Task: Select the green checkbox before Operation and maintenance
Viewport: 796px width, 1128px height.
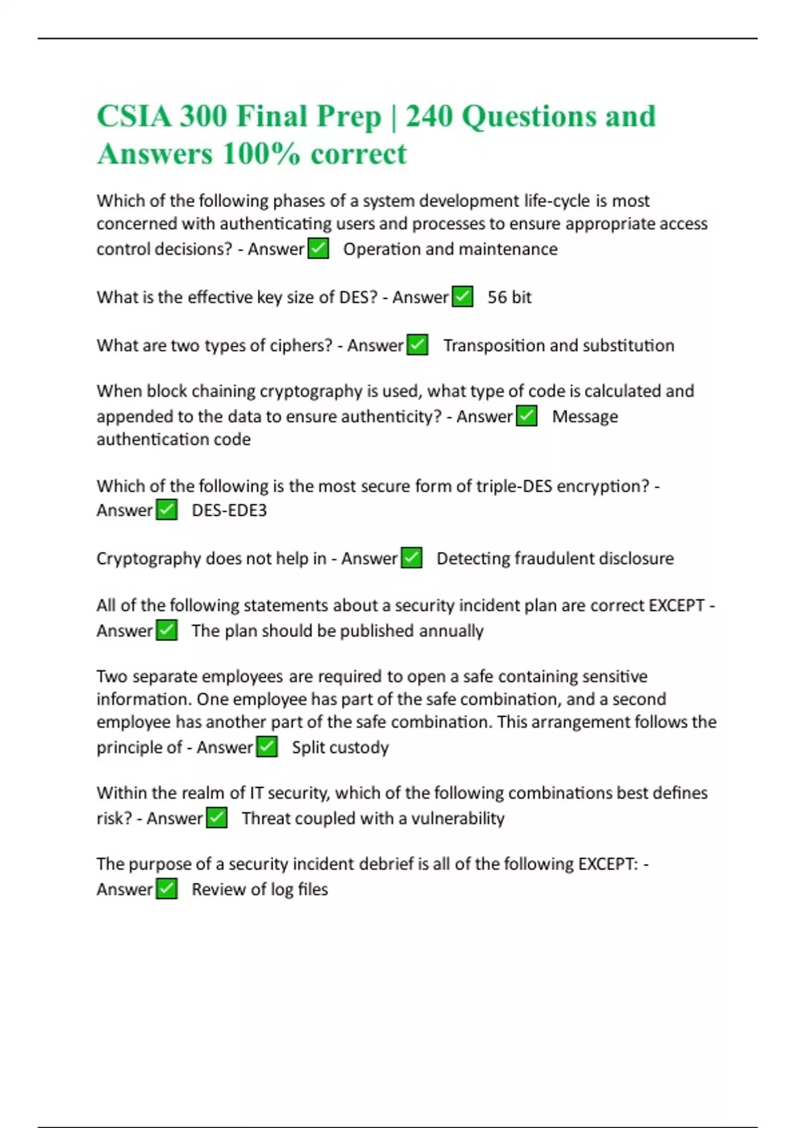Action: (x=318, y=249)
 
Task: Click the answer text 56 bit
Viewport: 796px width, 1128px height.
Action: (x=509, y=297)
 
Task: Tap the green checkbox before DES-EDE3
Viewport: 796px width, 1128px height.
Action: (x=166, y=510)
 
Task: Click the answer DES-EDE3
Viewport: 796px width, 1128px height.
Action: (x=229, y=510)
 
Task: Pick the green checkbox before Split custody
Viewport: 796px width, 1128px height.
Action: (x=267, y=747)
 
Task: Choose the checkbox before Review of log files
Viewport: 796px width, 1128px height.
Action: (x=166, y=889)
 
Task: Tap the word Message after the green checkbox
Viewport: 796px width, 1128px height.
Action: (x=584, y=417)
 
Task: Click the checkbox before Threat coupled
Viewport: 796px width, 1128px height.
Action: (x=217, y=818)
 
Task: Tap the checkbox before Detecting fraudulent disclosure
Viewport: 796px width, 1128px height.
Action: (x=411, y=559)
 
